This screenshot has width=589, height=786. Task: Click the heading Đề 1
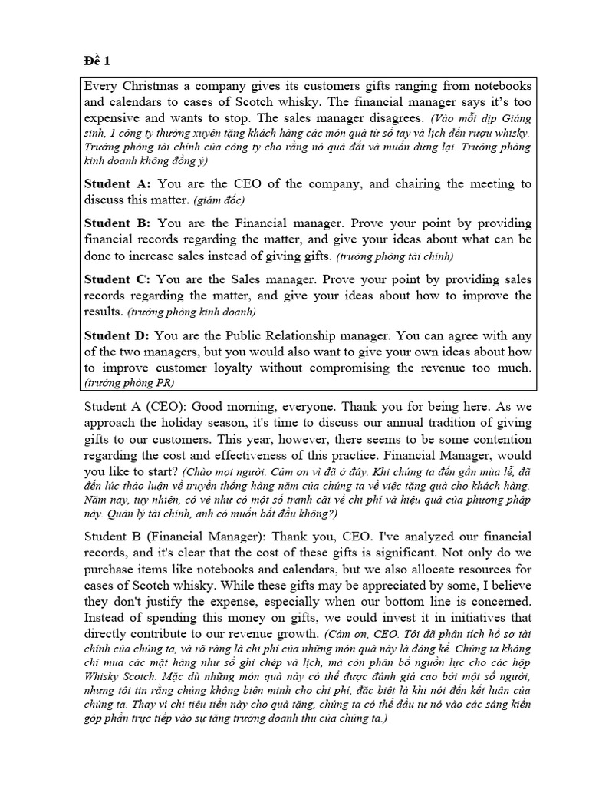[97, 61]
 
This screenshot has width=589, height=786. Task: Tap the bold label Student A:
[117, 184]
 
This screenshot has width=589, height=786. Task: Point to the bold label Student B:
[117, 223]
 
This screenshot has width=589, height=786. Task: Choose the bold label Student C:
[117, 279]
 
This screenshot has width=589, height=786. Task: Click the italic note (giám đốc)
[219, 201]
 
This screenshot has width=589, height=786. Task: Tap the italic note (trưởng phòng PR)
[130, 383]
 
